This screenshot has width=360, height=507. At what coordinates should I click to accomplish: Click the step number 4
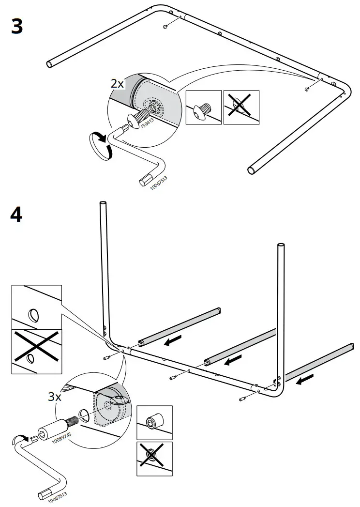tap(16, 214)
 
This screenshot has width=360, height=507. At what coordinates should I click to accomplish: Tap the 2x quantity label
tap(118, 83)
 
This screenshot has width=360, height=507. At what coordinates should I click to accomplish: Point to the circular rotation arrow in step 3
tap(102, 145)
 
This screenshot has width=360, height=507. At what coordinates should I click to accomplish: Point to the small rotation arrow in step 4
tap(18, 439)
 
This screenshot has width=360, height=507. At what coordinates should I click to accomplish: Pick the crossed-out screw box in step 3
tap(241, 107)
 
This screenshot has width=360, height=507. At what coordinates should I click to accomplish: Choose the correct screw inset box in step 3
tap(204, 107)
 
